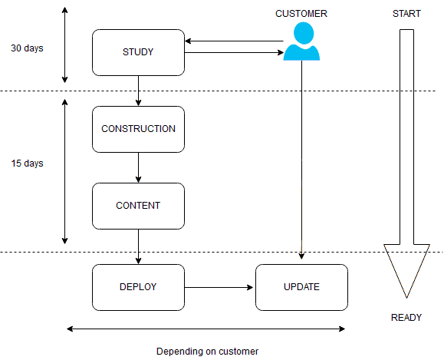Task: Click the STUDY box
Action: click(138, 52)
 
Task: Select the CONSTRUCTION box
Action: click(138, 129)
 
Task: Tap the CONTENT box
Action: click(138, 206)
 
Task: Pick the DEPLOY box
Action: click(138, 287)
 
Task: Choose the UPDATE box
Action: click(301, 287)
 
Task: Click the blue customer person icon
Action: click(302, 41)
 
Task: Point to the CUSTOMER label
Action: click(301, 14)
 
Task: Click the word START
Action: click(406, 14)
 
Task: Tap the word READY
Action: click(406, 318)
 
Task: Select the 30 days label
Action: click(27, 48)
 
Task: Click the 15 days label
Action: click(27, 163)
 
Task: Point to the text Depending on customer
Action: click(207, 352)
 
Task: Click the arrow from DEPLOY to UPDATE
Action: click(219, 287)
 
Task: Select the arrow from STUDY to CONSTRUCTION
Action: click(138, 91)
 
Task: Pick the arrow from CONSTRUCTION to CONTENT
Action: click(138, 168)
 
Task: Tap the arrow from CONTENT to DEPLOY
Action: click(138, 246)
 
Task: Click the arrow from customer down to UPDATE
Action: click(301, 160)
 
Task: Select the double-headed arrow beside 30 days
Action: click(65, 45)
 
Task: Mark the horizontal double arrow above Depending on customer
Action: click(206, 329)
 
